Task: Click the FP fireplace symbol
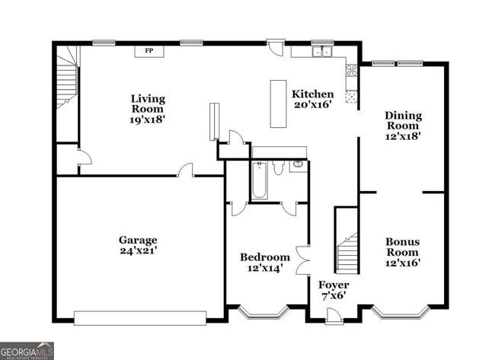click(x=149, y=51)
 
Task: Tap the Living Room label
click(x=147, y=109)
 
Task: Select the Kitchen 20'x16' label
click(x=312, y=99)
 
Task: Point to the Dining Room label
click(x=403, y=126)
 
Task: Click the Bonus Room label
click(x=402, y=252)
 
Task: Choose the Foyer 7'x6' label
click(x=334, y=290)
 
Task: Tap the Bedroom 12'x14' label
click(x=264, y=263)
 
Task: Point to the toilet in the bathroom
click(x=279, y=167)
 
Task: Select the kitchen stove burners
click(x=352, y=71)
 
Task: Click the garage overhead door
click(x=140, y=317)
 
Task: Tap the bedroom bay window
click(x=262, y=311)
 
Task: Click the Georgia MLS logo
click(x=27, y=350)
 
